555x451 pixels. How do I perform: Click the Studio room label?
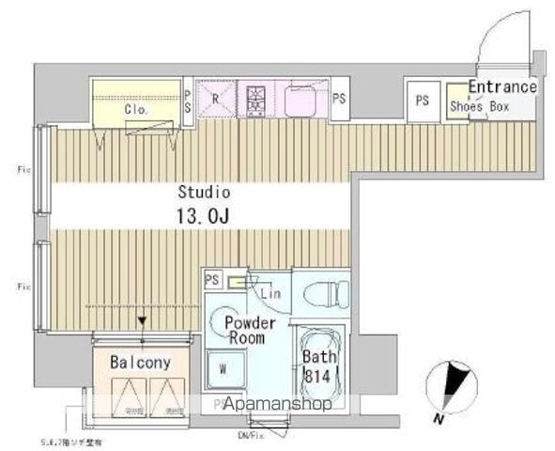[204, 192]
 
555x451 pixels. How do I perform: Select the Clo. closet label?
[136, 109]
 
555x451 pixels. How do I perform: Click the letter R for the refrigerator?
[215, 98]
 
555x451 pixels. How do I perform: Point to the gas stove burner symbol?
[256, 97]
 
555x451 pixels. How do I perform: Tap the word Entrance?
[502, 87]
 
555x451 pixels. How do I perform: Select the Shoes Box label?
[478, 107]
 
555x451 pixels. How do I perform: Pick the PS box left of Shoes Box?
[423, 100]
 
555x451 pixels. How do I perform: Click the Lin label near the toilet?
[270, 293]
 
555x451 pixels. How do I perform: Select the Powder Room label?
[245, 329]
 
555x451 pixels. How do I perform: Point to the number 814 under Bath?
[316, 375]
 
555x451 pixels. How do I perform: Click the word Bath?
[316, 358]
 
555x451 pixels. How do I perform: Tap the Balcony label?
[140, 362]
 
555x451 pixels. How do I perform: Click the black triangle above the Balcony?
[142, 321]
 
